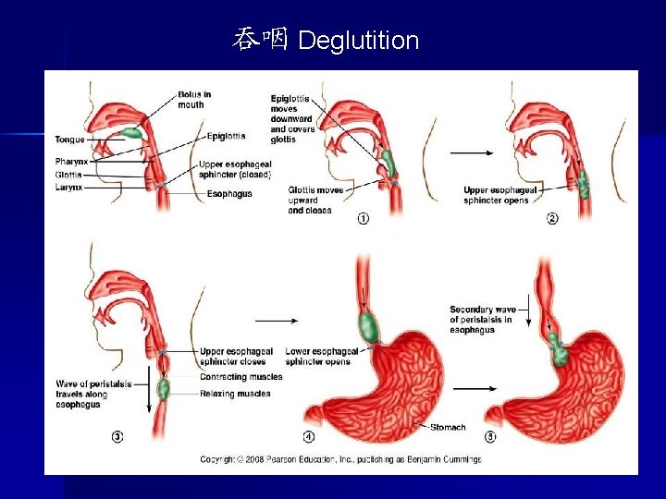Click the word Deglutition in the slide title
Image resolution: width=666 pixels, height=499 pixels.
(359, 41)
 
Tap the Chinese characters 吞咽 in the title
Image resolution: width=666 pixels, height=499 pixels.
(262, 40)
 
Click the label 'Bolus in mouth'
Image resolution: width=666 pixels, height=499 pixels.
(192, 99)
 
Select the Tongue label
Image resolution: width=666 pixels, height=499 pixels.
(69, 140)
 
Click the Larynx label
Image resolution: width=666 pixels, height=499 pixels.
(68, 187)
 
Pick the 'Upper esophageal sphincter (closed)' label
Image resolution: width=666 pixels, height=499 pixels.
(235, 170)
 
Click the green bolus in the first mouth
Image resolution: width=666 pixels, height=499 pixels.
(133, 133)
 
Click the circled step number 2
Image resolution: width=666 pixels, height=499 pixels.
(552, 219)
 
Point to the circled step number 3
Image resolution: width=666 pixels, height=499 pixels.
(117, 436)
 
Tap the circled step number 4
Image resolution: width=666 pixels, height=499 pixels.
(308, 436)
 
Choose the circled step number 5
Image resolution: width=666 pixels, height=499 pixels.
(505, 436)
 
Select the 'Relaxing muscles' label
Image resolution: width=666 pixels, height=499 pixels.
(235, 394)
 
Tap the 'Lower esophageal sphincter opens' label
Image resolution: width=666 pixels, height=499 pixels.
(321, 357)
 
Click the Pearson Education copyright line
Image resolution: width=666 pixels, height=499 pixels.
(341, 459)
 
